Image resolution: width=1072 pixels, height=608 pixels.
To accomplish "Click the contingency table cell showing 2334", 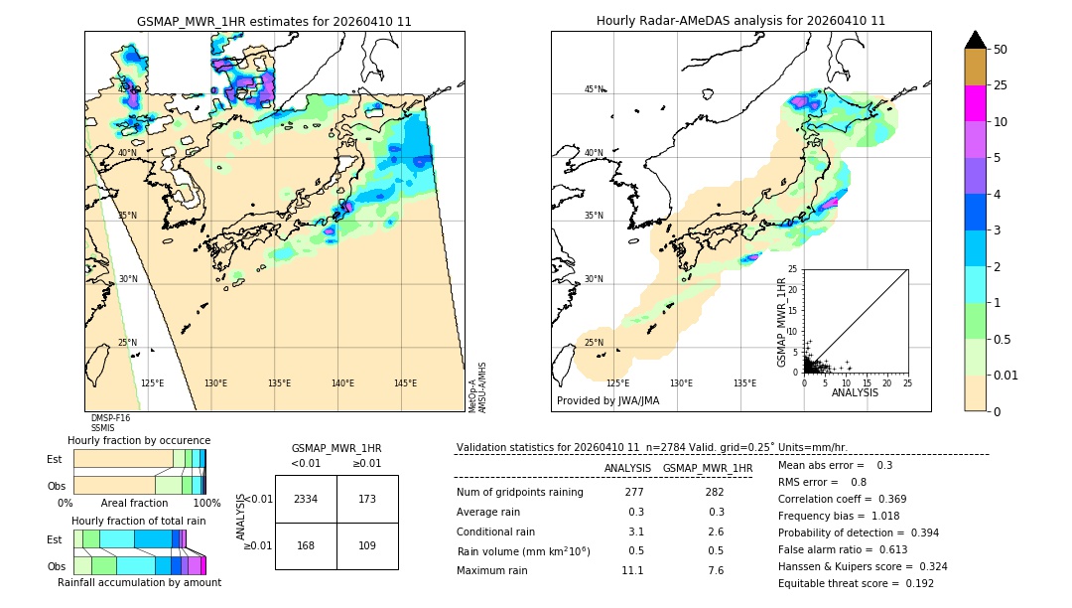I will click(x=306, y=499).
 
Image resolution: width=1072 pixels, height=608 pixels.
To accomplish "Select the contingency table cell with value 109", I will click(x=367, y=544).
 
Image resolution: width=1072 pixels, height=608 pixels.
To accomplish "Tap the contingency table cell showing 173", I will click(x=367, y=499).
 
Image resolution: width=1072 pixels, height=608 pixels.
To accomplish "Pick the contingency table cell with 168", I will click(x=306, y=544).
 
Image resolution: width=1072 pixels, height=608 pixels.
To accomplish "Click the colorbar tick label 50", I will click(x=1002, y=50).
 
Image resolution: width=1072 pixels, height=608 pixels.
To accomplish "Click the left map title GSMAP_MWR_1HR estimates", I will click(x=274, y=21).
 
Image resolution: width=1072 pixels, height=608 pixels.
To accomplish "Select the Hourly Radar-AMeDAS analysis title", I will click(x=740, y=21).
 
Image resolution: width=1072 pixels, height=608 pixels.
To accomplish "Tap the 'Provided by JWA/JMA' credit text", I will click(x=607, y=400).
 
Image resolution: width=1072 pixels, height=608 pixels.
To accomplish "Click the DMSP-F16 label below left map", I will click(x=110, y=418).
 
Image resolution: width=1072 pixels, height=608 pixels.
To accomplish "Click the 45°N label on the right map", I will click(x=594, y=89).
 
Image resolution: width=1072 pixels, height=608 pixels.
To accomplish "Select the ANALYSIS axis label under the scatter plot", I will click(x=855, y=392).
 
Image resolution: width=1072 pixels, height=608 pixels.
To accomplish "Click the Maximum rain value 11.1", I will click(x=632, y=570).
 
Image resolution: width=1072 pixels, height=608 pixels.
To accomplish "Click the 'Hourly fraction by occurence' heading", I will click(x=139, y=440).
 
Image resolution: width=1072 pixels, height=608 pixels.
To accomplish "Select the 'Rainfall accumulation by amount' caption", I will click(x=139, y=582).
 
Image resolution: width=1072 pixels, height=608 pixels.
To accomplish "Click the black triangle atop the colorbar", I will click(x=976, y=40).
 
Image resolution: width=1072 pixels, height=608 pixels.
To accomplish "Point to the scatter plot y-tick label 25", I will click(x=794, y=269).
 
